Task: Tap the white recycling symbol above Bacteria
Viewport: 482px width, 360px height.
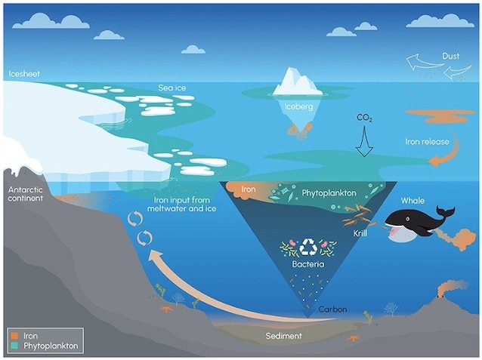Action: point(311,247)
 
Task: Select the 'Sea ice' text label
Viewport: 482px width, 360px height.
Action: point(171,88)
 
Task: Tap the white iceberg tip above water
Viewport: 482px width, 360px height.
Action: point(298,82)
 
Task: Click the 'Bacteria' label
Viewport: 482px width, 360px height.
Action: point(311,266)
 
